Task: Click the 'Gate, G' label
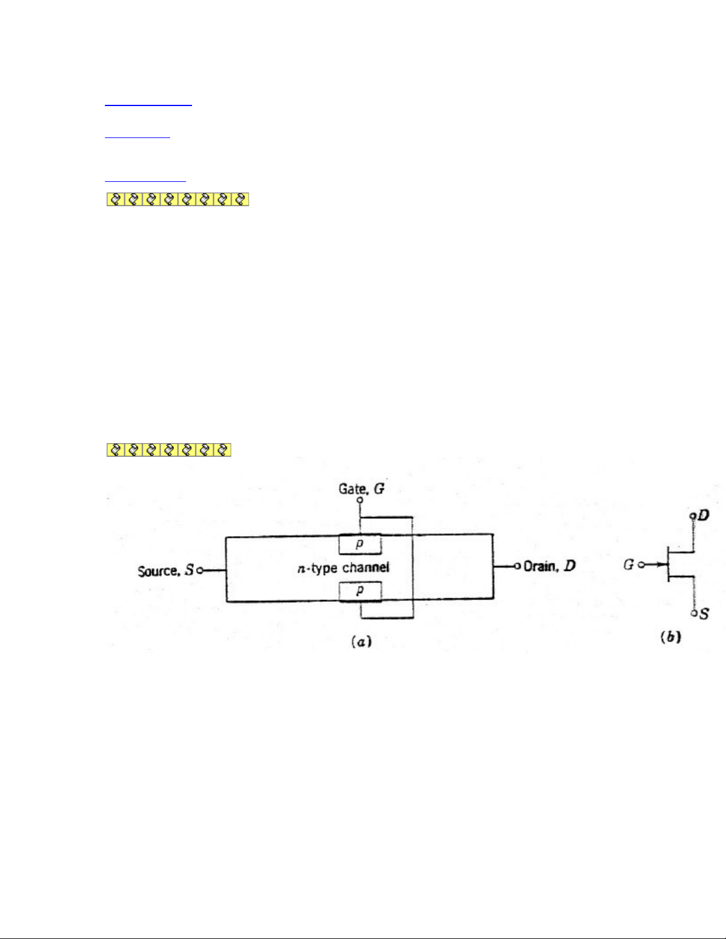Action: tap(361, 489)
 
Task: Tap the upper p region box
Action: tap(360, 544)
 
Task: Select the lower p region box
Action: tap(360, 591)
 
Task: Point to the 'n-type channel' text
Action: tap(343, 568)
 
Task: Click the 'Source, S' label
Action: tap(165, 571)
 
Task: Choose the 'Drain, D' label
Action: tap(549, 566)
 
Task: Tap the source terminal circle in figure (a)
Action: tap(200, 571)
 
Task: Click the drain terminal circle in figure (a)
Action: tap(517, 566)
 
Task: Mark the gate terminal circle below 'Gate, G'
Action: tap(360, 500)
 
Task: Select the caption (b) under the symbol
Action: tap(670, 637)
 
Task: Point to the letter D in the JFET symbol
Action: tap(703, 515)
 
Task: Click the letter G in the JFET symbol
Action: tap(628, 565)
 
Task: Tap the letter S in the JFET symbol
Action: tap(703, 614)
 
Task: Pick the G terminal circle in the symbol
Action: tap(641, 565)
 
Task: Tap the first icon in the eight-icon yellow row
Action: tap(116, 200)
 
